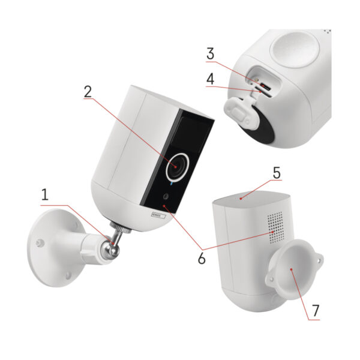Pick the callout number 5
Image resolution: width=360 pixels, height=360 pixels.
point(277,173)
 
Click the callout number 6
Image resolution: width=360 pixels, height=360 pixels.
point(202,259)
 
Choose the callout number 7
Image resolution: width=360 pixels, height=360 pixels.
point(315,311)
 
